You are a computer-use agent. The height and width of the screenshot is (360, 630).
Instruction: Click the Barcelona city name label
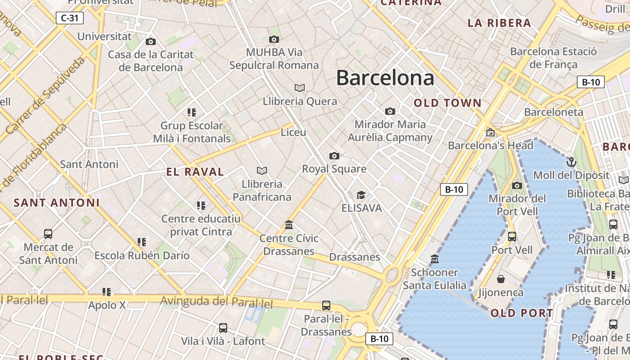tap(385, 78)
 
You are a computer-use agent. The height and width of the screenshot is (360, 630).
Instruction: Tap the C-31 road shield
tap(70, 18)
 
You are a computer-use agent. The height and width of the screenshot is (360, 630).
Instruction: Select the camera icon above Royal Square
tap(334, 156)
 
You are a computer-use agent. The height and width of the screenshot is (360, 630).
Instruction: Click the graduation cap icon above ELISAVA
tap(361, 195)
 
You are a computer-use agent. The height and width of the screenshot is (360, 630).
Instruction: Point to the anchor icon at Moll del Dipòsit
tap(571, 162)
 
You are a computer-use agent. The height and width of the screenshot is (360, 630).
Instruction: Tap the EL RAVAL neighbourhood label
tap(195, 171)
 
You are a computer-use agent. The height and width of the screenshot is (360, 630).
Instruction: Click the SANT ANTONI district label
tap(56, 202)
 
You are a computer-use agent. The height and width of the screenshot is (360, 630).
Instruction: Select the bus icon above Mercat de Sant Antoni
tap(48, 234)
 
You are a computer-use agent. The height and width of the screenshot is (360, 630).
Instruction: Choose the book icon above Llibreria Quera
tap(300, 88)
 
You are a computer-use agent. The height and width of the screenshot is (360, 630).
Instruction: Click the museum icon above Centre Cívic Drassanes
tap(289, 225)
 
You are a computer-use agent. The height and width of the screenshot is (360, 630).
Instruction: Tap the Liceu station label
tap(293, 132)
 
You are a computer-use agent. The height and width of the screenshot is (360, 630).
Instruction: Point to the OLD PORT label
tap(522, 313)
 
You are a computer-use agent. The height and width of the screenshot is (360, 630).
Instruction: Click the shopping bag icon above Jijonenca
tap(500, 279)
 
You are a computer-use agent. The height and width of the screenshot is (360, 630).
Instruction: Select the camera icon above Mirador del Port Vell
tap(517, 185)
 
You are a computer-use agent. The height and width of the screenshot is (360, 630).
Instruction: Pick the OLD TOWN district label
tap(447, 103)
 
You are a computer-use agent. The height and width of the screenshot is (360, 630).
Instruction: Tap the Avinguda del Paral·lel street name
tap(216, 302)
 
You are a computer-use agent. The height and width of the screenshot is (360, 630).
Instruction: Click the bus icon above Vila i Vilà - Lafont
tap(223, 328)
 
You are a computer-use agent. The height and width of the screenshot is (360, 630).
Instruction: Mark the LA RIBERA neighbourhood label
tap(499, 23)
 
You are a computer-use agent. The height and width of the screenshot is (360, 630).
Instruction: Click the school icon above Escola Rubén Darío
tap(142, 242)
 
